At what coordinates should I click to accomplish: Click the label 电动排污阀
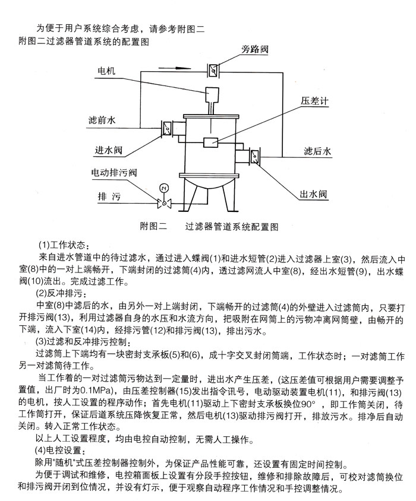pos(114,173)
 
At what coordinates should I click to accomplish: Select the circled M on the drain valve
pos(163,188)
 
